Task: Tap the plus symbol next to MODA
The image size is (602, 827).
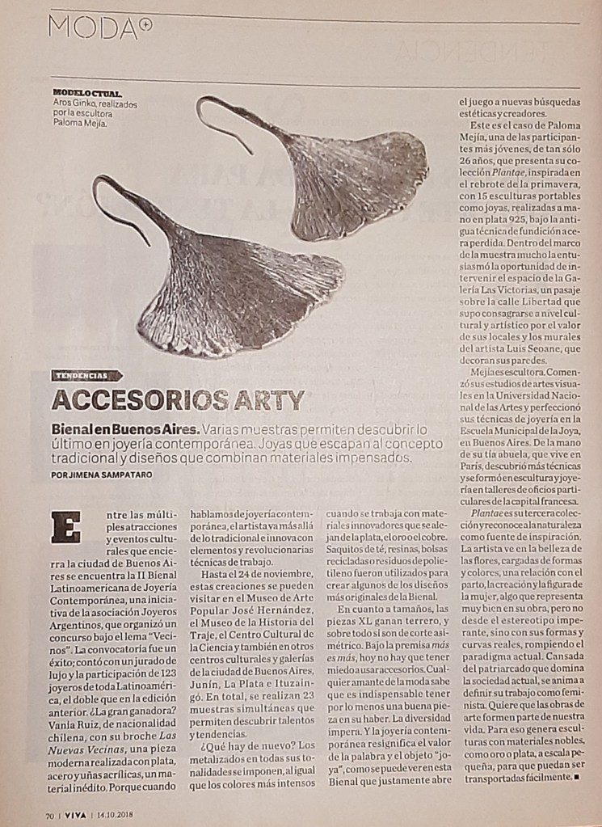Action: click(145, 24)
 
